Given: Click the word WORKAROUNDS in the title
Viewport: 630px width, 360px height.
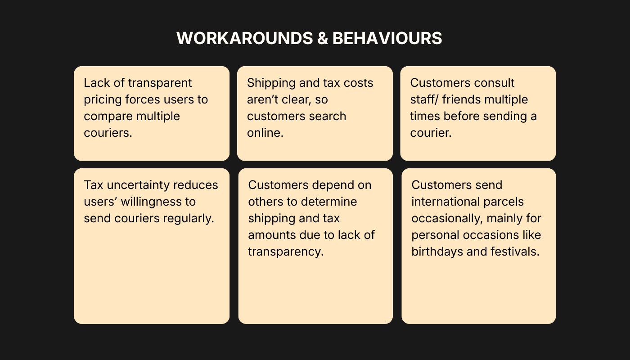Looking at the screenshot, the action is [244, 38].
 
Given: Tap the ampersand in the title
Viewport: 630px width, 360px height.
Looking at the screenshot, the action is [322, 38].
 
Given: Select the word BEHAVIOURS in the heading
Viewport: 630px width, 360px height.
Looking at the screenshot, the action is [387, 38].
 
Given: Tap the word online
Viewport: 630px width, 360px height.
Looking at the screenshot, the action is [265, 133].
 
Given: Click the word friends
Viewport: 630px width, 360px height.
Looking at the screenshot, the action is [457, 99].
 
